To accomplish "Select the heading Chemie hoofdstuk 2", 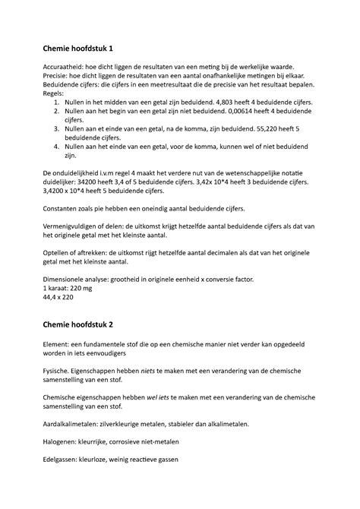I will click(77, 325).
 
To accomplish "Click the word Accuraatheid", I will click(64, 68).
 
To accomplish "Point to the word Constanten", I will click(65, 208).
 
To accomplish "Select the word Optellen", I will click(58, 253).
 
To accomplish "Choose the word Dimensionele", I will click(68, 280).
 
